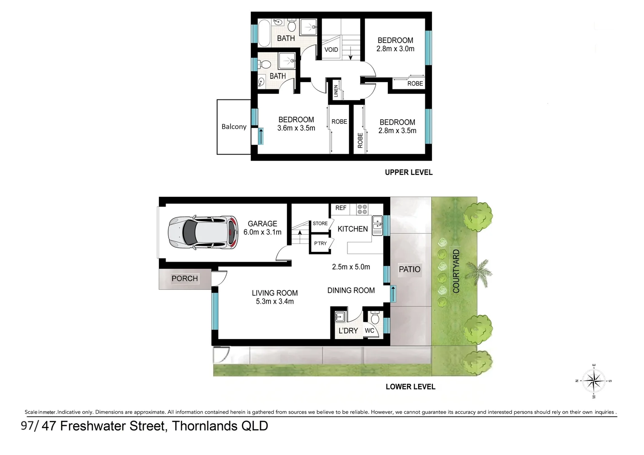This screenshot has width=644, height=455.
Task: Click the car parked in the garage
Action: point(203,233)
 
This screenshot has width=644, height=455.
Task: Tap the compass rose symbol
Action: point(593,381)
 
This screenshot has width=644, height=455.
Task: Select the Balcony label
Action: point(234,126)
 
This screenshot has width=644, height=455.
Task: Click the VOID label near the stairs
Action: point(331,49)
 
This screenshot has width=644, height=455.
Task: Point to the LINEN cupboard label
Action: point(336,91)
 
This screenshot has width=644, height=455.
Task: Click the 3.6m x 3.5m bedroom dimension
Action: point(296,128)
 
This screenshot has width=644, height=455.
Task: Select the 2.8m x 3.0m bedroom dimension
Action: point(395,48)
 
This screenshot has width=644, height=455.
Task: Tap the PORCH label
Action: point(185,278)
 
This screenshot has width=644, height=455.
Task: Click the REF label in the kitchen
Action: point(341,208)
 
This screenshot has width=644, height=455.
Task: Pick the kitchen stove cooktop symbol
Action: point(362,209)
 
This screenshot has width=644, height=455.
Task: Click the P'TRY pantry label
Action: point(320,244)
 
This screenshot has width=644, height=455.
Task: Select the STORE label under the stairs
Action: point(320,223)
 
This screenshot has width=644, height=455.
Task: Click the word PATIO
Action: point(409,269)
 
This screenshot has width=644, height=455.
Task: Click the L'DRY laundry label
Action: point(348,331)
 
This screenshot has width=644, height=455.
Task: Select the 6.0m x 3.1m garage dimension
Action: point(262,232)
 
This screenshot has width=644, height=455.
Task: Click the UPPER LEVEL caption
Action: point(408,172)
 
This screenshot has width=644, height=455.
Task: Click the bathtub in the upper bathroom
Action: point(265,33)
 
